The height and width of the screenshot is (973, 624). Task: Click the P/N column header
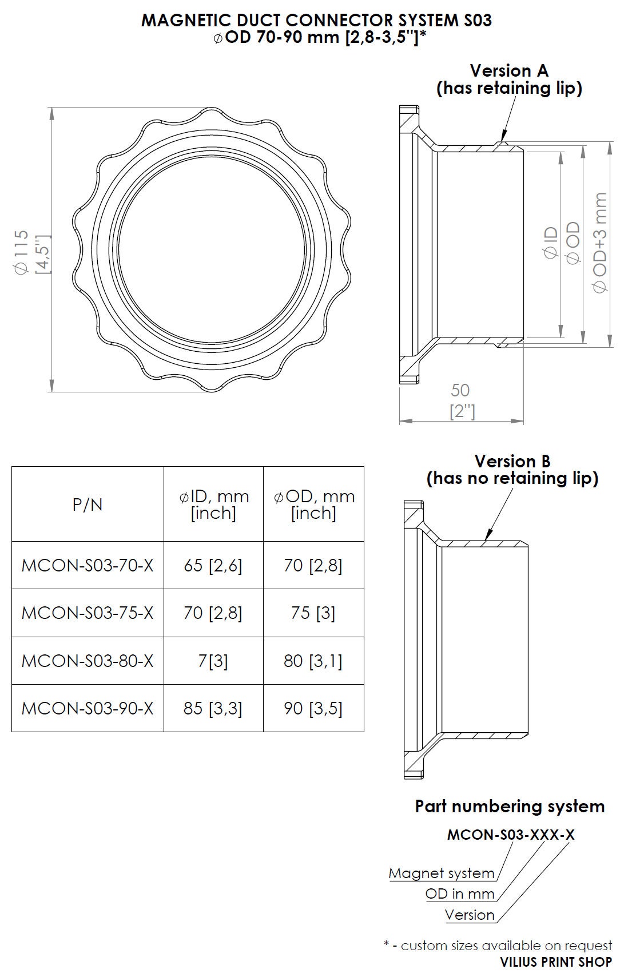click(88, 505)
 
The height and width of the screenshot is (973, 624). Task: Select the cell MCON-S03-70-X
click(88, 565)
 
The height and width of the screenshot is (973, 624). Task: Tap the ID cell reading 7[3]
click(213, 661)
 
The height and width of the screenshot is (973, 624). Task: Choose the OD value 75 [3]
click(313, 613)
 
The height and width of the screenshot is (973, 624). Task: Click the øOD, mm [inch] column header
click(314, 505)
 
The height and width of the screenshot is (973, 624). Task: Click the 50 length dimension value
click(460, 391)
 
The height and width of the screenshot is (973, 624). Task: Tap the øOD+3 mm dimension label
click(600, 243)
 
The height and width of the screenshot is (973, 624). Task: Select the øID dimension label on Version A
click(551, 243)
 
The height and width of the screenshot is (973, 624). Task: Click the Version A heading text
click(508, 70)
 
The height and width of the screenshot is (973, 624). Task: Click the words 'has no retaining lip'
click(512, 478)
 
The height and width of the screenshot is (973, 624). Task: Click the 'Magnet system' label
click(442, 873)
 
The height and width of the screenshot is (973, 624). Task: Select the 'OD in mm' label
click(459, 894)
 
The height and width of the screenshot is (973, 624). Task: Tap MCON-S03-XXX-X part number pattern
click(510, 835)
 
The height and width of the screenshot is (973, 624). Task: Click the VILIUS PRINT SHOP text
click(555, 963)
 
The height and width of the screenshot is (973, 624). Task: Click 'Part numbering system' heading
click(510, 807)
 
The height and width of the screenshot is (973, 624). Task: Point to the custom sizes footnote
click(498, 946)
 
